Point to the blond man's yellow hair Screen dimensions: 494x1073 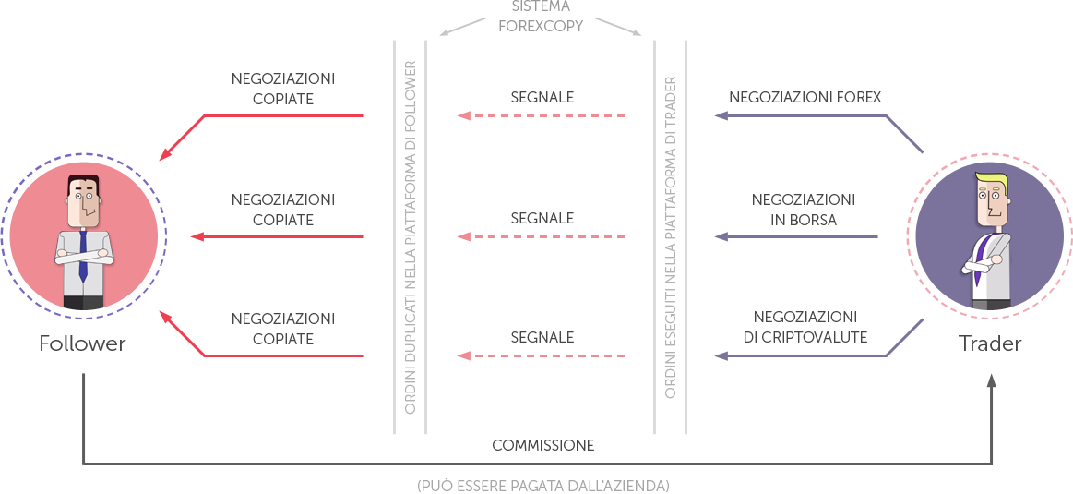pyautogui.click(x=993, y=179)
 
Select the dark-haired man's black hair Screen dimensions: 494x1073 pyautogui.click(x=83, y=180)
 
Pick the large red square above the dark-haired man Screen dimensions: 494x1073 pyautogui.click(x=185, y=135)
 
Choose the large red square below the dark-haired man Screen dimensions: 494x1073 pyautogui.click(x=185, y=337)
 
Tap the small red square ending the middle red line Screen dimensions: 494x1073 pyautogui.click(x=197, y=236)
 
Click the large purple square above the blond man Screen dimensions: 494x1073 pyautogui.click(x=904, y=134)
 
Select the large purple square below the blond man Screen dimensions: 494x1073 pyautogui.click(x=904, y=338)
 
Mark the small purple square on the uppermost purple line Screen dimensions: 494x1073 pyautogui.click(x=721, y=116)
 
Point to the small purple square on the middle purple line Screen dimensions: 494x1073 pyautogui.click(x=721, y=236)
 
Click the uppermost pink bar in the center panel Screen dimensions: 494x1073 pyautogui.click(x=541, y=116)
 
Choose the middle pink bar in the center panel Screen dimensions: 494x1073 pyautogui.click(x=541, y=236)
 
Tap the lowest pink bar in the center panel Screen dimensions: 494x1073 pyautogui.click(x=541, y=355)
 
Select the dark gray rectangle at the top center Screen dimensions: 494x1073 pyautogui.click(x=541, y=16)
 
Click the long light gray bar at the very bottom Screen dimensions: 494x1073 pyautogui.click(x=542, y=485)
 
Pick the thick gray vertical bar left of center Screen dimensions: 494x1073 pyautogui.click(x=410, y=237)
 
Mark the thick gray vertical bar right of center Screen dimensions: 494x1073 pyautogui.click(x=670, y=237)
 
